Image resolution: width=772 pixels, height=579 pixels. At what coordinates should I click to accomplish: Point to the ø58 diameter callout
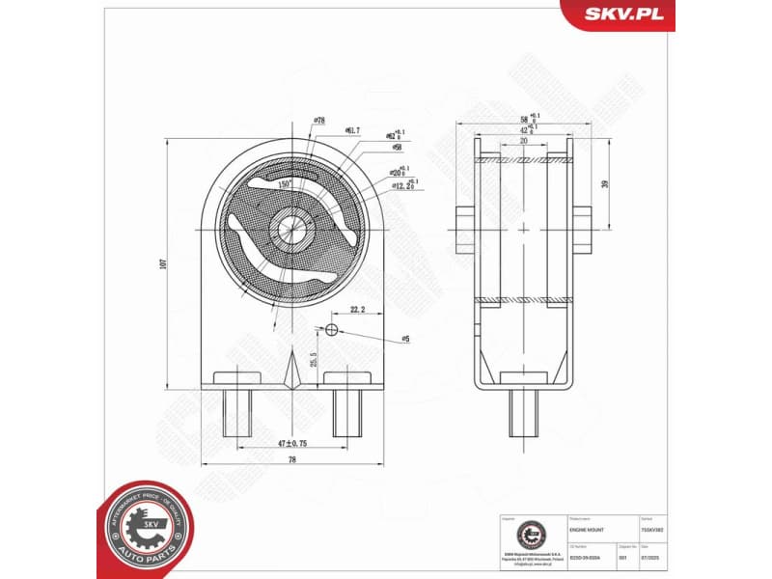(397, 148)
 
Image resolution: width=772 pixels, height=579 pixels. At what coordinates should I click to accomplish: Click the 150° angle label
(285, 182)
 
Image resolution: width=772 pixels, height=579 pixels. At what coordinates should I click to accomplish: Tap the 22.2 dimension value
(356, 310)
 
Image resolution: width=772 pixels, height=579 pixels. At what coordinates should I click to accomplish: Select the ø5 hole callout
(405, 338)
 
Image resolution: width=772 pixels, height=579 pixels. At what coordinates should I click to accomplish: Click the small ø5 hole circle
(331, 330)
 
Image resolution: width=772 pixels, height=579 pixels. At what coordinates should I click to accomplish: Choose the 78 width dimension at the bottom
(290, 461)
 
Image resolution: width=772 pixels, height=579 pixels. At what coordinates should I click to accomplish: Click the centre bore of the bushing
(290, 230)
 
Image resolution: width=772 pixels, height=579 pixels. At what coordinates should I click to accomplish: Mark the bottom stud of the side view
(524, 412)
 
